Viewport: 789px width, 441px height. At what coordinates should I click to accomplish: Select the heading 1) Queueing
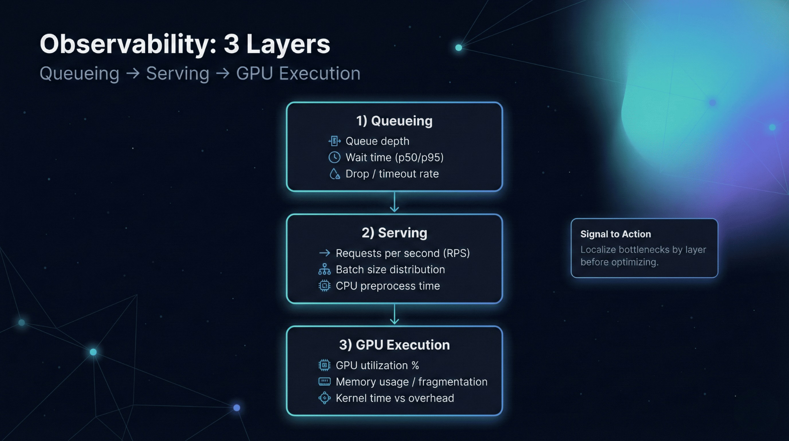[x=394, y=121]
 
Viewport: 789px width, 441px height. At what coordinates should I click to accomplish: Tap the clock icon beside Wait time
[x=334, y=157]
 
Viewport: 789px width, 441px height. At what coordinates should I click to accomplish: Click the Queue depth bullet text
[x=377, y=141]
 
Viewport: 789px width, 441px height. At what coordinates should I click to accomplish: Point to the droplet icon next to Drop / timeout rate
[x=334, y=174]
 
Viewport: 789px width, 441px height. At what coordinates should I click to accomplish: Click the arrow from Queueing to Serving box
[x=394, y=202]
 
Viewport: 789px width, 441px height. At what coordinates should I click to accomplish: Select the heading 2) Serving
[x=394, y=233]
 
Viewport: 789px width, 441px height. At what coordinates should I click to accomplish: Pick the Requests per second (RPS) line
[x=403, y=253]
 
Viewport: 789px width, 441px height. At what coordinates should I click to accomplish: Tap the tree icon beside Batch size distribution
[x=324, y=269]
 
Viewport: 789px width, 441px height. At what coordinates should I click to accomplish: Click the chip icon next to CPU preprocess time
[x=324, y=286]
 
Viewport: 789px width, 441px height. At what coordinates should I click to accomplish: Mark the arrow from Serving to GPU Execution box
[x=394, y=314]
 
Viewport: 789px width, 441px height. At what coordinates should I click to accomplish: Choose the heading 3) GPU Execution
[x=394, y=345]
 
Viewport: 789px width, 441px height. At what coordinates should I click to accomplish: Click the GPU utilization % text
[x=377, y=365]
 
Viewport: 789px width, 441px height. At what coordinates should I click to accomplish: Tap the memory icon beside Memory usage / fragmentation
[x=324, y=382]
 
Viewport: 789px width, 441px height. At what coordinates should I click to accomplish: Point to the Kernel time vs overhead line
[x=394, y=398]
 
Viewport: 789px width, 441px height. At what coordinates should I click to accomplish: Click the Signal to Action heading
[x=615, y=234]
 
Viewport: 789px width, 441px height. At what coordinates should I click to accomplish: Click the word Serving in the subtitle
[x=178, y=73]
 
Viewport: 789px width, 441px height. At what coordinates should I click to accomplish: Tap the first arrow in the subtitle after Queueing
[x=133, y=73]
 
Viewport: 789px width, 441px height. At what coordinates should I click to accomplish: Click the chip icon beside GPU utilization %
[x=324, y=365]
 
